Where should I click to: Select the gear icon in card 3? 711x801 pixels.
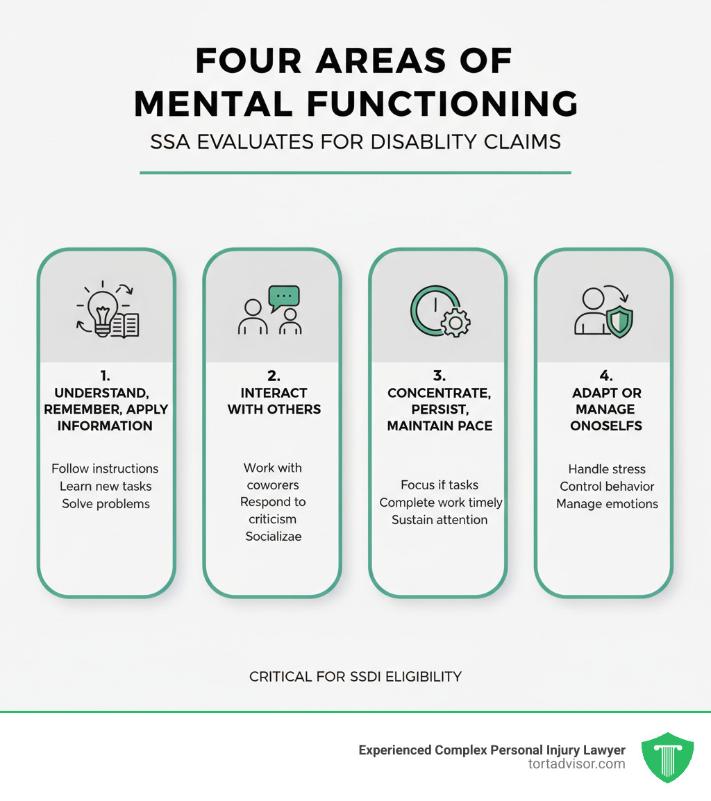pyautogui.click(x=456, y=323)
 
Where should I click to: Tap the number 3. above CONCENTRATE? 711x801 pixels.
pyautogui.click(x=440, y=376)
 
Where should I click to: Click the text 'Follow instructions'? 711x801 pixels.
pyautogui.click(x=106, y=469)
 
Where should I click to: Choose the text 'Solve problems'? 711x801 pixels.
pyautogui.click(x=106, y=503)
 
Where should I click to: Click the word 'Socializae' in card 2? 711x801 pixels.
pyautogui.click(x=274, y=536)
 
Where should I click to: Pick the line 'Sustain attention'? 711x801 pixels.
pyautogui.click(x=440, y=519)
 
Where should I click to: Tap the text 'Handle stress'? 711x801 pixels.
pyautogui.click(x=607, y=469)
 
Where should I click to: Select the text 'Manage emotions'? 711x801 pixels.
pyautogui.click(x=607, y=504)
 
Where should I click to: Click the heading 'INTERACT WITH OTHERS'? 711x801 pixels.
pyautogui.click(x=274, y=401)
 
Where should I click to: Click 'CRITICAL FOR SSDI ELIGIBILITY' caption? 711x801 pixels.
pyautogui.click(x=355, y=676)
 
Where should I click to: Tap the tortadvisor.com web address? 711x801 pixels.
pyautogui.click(x=576, y=764)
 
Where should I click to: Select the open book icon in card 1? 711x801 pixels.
pyautogui.click(x=126, y=323)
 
